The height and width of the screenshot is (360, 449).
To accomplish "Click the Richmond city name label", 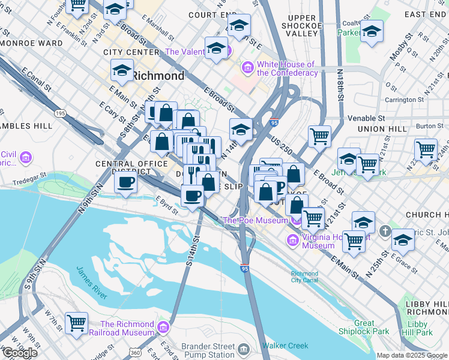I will point(158,76).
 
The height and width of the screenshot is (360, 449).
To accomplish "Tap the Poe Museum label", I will point(256,220).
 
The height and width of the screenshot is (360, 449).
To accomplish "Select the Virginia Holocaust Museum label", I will point(318,241).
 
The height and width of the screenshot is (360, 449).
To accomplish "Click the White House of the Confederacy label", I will point(286,69).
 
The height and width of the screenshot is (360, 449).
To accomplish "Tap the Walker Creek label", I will point(285,346).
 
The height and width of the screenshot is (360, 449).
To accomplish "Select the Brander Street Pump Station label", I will point(208,349).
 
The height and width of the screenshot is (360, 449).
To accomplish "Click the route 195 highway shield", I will point(60,113).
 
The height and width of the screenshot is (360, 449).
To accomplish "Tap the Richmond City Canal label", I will point(304,277).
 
